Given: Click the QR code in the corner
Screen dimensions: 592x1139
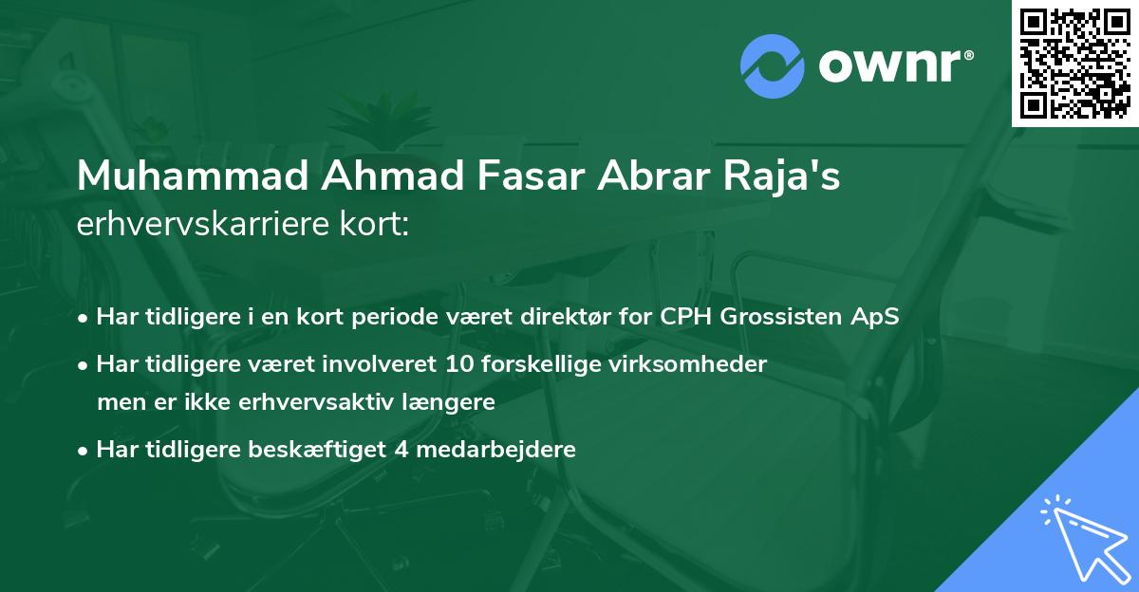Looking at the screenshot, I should point(1075,64).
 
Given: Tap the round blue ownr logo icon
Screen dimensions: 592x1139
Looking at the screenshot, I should point(773,66).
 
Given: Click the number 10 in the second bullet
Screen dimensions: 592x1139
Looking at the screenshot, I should point(444,363).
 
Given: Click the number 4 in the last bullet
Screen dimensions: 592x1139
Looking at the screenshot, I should point(400,449).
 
